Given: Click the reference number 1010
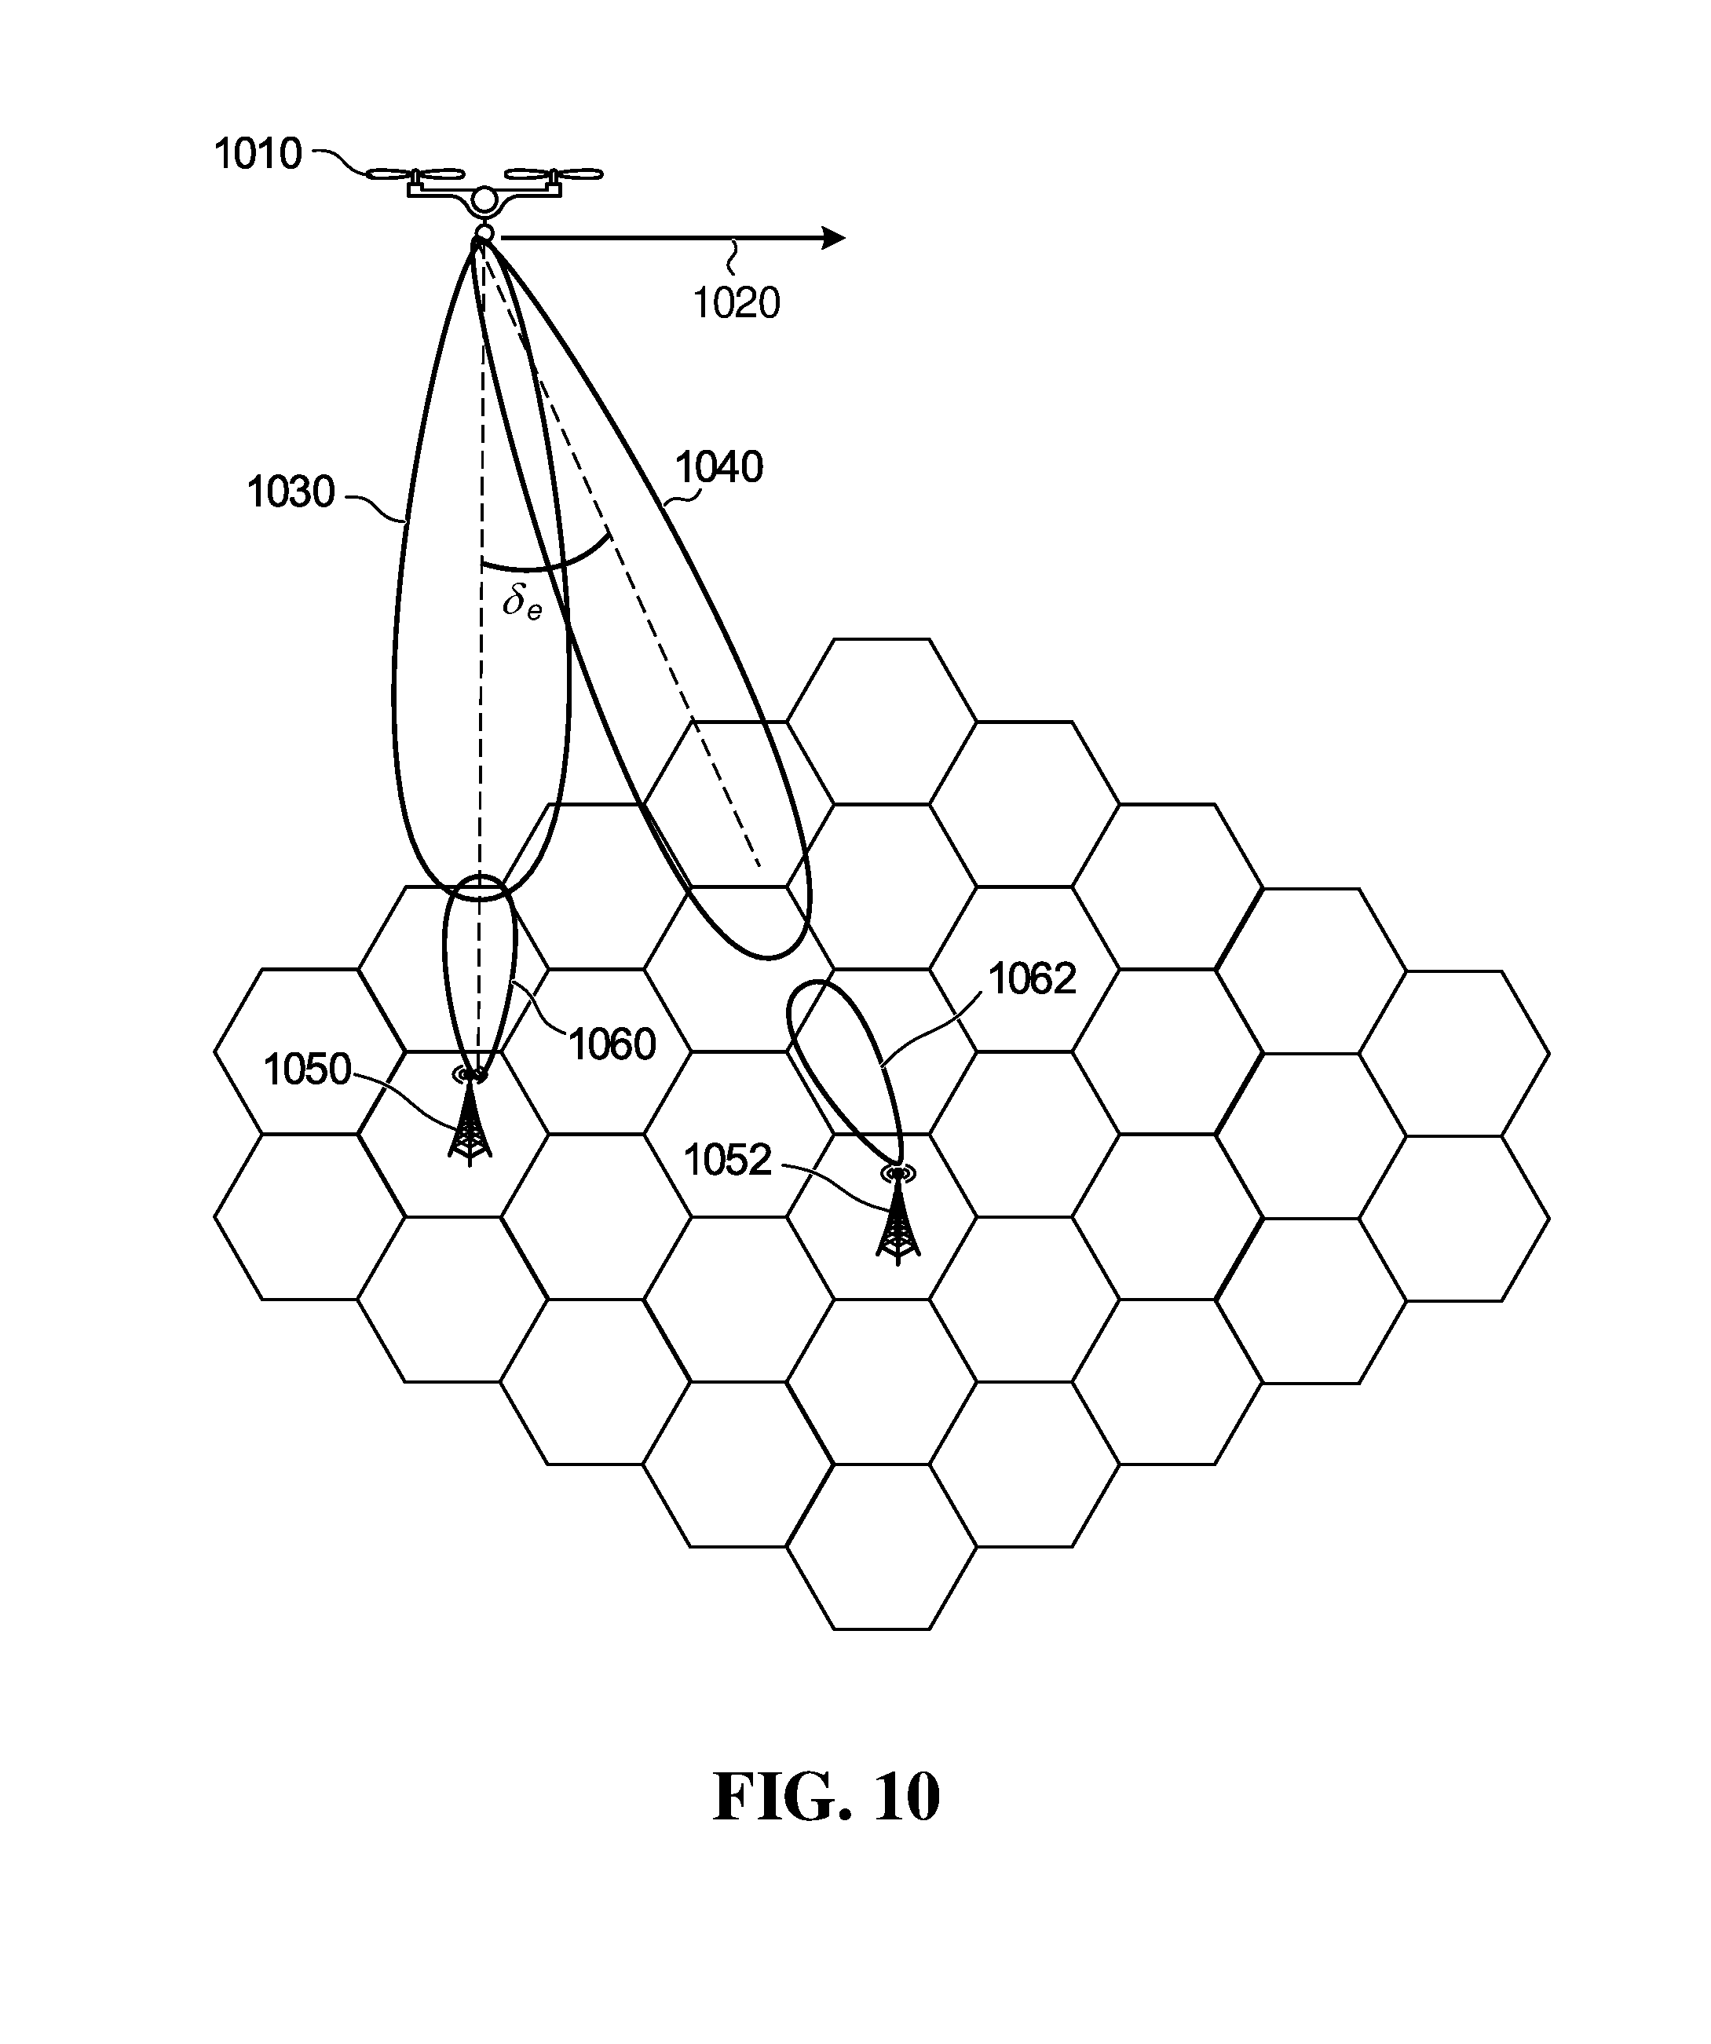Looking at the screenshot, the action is pyautogui.click(x=258, y=155).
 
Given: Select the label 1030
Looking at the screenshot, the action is pyautogui.click(x=291, y=492).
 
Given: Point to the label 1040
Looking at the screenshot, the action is pyautogui.click(x=719, y=468).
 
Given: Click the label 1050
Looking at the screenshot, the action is pyautogui.click(x=306, y=1070).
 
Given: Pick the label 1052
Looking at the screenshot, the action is pyautogui.click(x=727, y=1161).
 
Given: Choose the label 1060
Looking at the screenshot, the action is pyautogui.click(x=612, y=1045).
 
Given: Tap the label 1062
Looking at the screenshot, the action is pyautogui.click(x=1033, y=979).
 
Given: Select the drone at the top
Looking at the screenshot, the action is pyautogui.click(x=484, y=192).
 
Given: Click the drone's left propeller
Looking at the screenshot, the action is pyautogui.click(x=415, y=175).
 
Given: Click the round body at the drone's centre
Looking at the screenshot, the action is pyautogui.click(x=484, y=203).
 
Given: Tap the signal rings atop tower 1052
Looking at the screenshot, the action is pyautogui.click(x=898, y=1174).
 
